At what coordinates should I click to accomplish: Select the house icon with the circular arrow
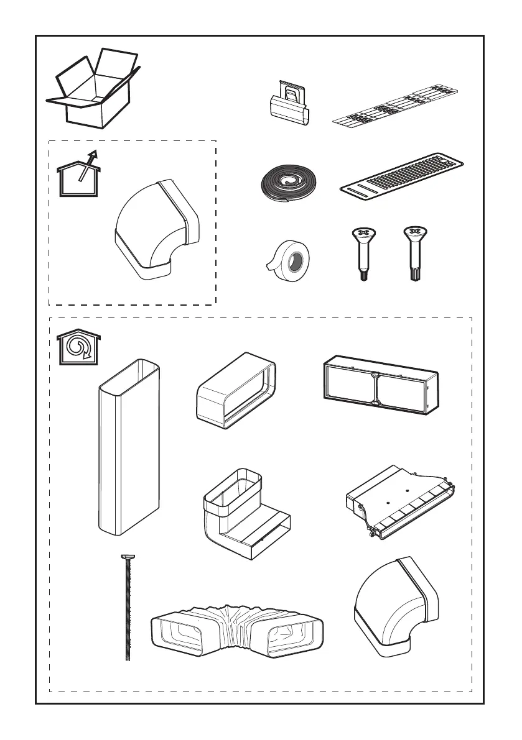pos(78,347)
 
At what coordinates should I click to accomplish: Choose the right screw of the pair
pos(412,254)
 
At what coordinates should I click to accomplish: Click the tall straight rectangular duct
pos(129,445)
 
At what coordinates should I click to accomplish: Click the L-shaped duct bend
pos(245,516)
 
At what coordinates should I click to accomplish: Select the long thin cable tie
pos(128,609)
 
